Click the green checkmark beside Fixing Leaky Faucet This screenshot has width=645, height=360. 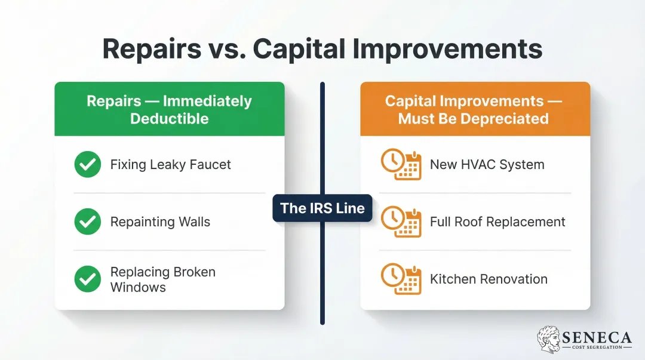point(88,164)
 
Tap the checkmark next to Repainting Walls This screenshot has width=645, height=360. point(88,222)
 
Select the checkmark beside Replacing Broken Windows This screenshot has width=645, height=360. point(88,279)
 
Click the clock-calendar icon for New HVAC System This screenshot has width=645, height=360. point(401,165)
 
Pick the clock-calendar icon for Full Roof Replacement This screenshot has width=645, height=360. point(401,222)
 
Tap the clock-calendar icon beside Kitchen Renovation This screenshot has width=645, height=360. point(401,279)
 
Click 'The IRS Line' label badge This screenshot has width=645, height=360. point(322,208)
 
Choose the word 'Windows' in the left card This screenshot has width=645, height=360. point(138,287)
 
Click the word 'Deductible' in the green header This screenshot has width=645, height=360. point(170,118)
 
